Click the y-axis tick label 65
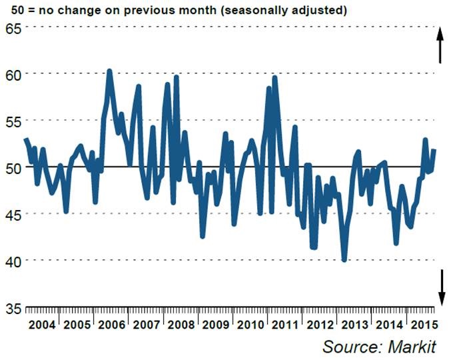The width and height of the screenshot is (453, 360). click(13, 27)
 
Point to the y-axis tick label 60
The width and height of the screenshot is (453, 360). click(13, 74)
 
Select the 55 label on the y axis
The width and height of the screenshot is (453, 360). click(13, 121)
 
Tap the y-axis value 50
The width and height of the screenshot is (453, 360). click(13, 167)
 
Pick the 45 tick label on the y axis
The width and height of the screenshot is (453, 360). click(13, 214)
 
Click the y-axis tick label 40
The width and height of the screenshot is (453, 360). click(13, 261)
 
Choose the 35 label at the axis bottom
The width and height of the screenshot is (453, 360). click(13, 307)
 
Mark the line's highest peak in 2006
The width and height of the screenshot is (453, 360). click(109, 71)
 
